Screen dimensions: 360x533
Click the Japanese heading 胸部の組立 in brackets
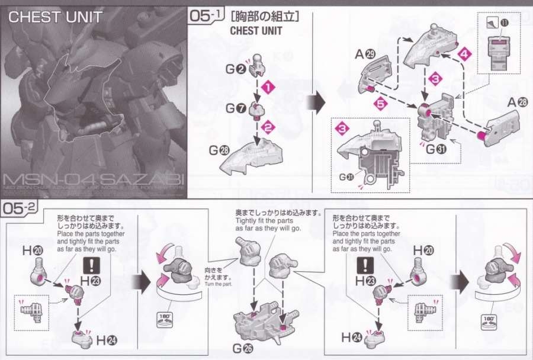(x=264, y=17)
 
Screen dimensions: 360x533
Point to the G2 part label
(x=235, y=69)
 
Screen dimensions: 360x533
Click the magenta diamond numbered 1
(x=269, y=88)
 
